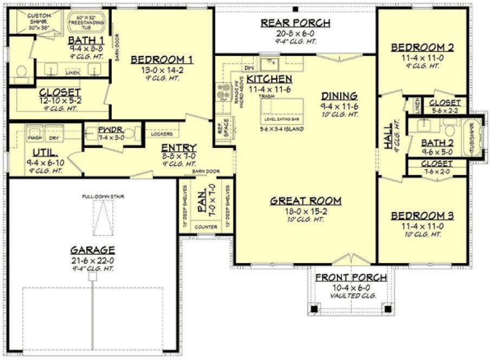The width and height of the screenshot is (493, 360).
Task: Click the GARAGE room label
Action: (92, 250)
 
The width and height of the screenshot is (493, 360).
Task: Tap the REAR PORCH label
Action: (296, 23)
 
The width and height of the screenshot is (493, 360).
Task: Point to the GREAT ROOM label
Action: (306, 201)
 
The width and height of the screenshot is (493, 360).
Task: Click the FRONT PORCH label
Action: (351, 278)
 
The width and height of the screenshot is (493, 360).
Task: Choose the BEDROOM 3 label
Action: (422, 215)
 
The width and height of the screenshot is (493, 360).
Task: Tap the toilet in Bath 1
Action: (21, 71)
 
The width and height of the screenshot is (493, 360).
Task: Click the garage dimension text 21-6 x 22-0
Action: (92, 260)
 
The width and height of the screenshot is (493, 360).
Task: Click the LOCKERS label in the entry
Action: (162, 134)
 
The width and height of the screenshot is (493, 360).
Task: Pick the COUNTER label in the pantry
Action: (206, 227)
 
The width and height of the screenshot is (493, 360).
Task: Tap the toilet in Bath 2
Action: (450, 130)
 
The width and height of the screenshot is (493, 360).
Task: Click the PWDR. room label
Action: (111, 130)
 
